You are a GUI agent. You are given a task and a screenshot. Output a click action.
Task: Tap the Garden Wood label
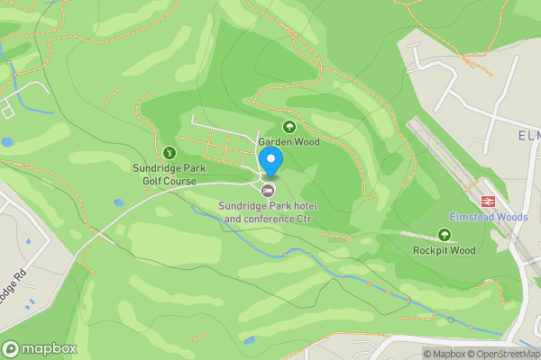tap(289, 142)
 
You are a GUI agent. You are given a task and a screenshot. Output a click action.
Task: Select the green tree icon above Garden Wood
tap(289, 127)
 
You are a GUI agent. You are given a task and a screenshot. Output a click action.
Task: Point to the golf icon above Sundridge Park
tap(170, 151)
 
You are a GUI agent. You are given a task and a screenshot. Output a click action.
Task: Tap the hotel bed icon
tap(268, 190)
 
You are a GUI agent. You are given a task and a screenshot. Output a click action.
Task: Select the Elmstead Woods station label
tap(489, 217)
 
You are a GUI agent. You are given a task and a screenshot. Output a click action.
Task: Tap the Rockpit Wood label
tap(444, 250)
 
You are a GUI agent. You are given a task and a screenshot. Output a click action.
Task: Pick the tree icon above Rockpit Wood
tap(444, 235)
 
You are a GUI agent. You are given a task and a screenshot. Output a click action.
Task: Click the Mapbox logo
tap(40, 348)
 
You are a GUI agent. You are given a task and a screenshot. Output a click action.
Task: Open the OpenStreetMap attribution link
tap(509, 354)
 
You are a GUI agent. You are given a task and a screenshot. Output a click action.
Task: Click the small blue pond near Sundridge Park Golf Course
tap(119, 202)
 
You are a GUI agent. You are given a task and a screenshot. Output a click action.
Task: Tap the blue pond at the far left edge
tap(6, 142)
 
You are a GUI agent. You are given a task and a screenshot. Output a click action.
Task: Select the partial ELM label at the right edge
tap(528, 136)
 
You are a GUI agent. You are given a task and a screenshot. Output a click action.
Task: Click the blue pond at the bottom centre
tap(250, 340)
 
